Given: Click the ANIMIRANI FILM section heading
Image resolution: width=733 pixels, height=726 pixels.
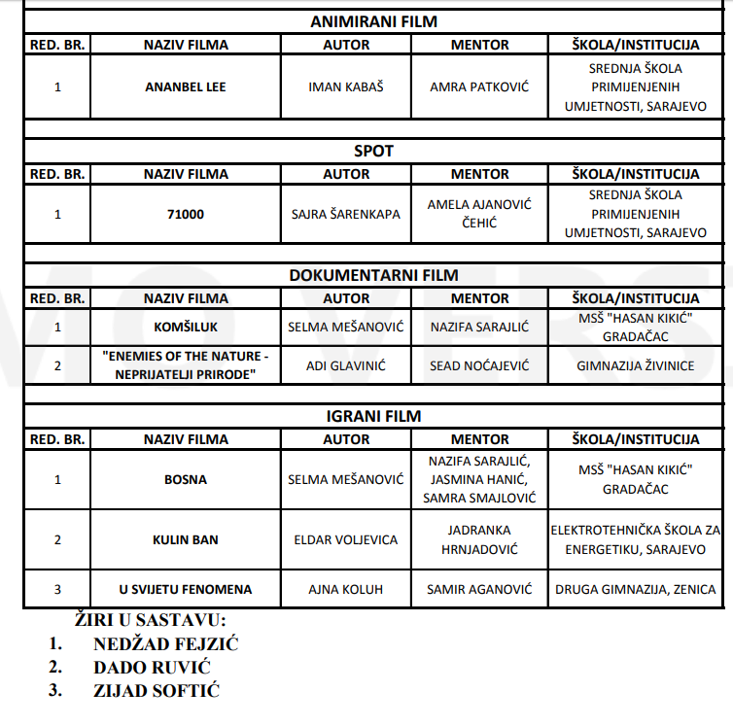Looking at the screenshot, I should (x=373, y=21).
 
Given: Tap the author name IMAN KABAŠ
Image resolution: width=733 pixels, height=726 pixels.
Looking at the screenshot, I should (x=346, y=86).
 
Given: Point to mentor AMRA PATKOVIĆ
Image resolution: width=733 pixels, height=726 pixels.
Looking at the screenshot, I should (x=479, y=86).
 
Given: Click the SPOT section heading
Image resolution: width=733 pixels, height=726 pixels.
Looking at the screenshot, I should (x=373, y=151).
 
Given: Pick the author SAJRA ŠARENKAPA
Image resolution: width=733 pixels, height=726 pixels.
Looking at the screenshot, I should (x=346, y=214).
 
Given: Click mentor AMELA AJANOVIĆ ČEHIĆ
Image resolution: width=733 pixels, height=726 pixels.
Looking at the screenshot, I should (x=479, y=214).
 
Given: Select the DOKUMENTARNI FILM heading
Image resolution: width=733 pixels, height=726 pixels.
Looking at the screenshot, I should (x=373, y=275).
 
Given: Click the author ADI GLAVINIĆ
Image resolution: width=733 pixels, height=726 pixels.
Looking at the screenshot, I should (x=346, y=364).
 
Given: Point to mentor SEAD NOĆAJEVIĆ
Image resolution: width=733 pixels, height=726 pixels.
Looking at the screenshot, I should (x=479, y=364).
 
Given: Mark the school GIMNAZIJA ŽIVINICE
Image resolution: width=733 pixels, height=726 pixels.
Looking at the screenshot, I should (x=636, y=364).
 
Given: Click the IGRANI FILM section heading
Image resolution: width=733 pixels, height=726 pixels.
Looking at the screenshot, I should (x=373, y=416).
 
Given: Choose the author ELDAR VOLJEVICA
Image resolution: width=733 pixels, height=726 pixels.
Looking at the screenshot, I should (x=346, y=539).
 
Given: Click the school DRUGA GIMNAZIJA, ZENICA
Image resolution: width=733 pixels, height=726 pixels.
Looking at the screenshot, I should (x=636, y=589).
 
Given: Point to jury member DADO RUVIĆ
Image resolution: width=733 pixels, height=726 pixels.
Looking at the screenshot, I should (x=152, y=667).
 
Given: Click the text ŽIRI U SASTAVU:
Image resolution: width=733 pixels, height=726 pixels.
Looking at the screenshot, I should (x=151, y=619).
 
